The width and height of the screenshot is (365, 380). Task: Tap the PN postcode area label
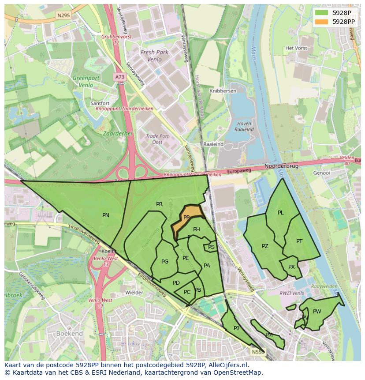pos(106,215)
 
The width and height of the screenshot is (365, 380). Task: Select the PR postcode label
pos(159,204)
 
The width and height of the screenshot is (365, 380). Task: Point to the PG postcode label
pos(165,262)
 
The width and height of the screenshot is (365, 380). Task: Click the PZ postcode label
pos(265,246)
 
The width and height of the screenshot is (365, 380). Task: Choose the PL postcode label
pos(281,213)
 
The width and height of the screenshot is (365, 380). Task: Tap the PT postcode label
pos(299,241)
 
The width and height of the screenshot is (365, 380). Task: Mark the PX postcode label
pos(291,267)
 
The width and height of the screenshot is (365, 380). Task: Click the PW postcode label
pos(317,312)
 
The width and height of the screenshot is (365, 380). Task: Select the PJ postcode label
pos(236,328)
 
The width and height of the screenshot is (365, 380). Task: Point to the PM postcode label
pos(269,335)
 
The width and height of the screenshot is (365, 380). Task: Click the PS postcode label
pos(211,247)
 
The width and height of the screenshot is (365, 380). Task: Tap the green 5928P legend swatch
pos(322,13)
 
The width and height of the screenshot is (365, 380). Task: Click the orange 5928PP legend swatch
pos(322,21)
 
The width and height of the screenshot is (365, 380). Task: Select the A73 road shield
pos(119,77)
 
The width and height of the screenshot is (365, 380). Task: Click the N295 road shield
pos(63,15)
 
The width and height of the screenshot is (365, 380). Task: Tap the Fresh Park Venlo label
pos(154,55)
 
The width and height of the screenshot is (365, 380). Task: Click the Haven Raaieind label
pos(244,127)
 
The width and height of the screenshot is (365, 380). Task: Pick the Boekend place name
pos(68,334)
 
